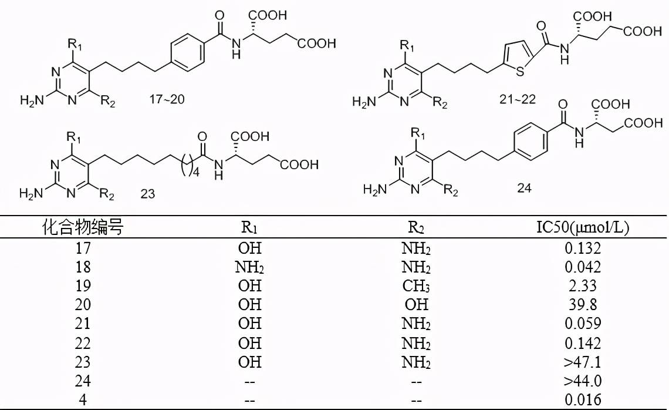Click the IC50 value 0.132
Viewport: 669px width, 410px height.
point(583,248)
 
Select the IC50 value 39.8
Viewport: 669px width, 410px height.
point(583,304)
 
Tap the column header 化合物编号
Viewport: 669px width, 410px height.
point(84,228)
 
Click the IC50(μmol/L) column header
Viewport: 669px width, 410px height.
point(583,228)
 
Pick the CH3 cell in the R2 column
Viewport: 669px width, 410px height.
point(416,285)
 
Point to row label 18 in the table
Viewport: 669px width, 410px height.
point(84,267)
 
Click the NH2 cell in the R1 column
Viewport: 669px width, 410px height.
point(249,267)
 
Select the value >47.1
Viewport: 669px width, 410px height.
point(583,361)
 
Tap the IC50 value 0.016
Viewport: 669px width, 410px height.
point(583,399)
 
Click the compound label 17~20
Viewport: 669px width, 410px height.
point(166,99)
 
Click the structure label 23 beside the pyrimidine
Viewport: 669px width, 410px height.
point(148,193)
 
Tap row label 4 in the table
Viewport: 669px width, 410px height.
point(84,399)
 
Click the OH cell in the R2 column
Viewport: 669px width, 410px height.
point(416,304)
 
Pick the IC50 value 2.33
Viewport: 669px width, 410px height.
point(583,285)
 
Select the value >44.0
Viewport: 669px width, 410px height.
point(583,381)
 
